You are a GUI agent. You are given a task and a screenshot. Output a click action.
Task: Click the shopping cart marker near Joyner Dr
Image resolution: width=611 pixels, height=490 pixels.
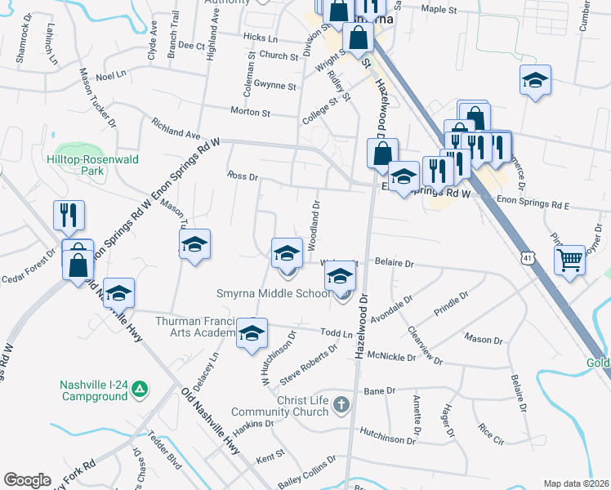(x=570, y=261)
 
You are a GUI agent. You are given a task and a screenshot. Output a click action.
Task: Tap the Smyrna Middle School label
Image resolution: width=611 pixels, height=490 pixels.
(x=274, y=294)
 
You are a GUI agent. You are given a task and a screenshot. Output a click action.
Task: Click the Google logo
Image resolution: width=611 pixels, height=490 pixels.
(x=27, y=480)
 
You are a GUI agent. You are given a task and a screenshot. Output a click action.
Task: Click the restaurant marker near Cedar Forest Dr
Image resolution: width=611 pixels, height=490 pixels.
(x=69, y=216)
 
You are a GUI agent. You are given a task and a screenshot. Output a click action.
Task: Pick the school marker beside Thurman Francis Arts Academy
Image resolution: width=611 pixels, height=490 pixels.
(x=252, y=333)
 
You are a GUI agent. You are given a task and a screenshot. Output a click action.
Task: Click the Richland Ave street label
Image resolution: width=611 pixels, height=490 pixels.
(x=176, y=127)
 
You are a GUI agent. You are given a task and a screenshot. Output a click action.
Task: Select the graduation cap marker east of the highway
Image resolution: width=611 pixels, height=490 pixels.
(x=535, y=80)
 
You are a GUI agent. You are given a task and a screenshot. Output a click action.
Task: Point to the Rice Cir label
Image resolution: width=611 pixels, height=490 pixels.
(x=493, y=433)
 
